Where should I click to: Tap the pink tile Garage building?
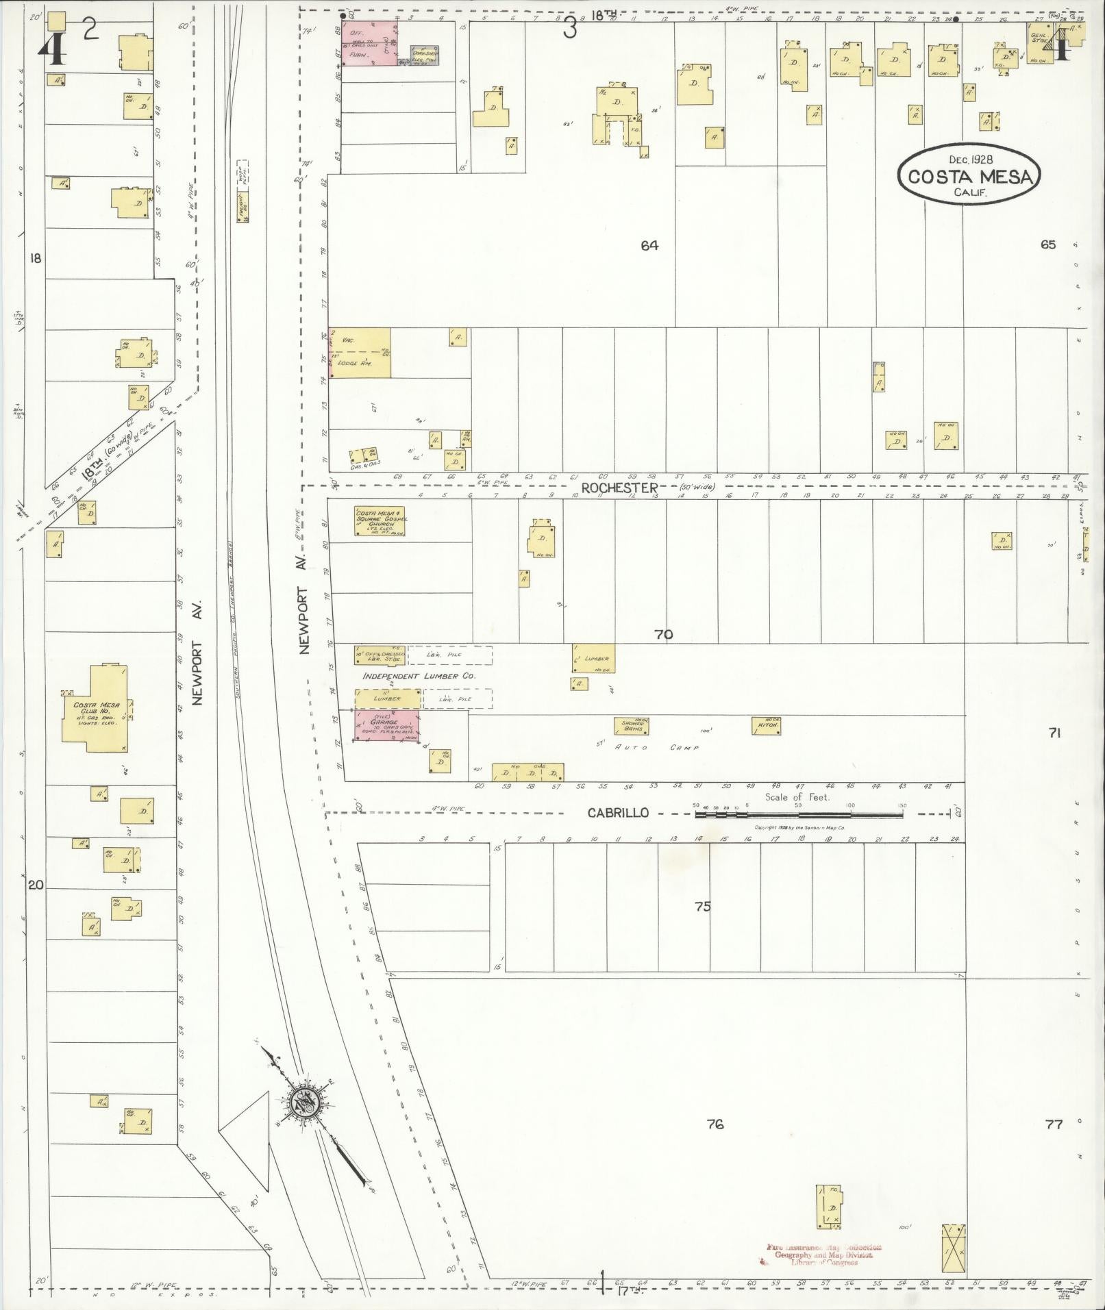386,726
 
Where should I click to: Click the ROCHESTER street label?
619,487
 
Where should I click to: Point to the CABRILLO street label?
618,813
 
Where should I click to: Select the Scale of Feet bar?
798,815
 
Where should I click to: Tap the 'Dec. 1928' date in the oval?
971,159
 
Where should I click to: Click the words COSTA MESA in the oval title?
969,177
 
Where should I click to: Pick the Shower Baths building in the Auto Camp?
631,726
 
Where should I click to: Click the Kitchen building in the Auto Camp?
766,725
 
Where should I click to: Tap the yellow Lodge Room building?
360,353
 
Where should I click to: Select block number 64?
649,245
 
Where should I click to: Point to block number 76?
715,1124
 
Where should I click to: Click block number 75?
702,906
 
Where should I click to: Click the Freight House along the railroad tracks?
243,210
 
